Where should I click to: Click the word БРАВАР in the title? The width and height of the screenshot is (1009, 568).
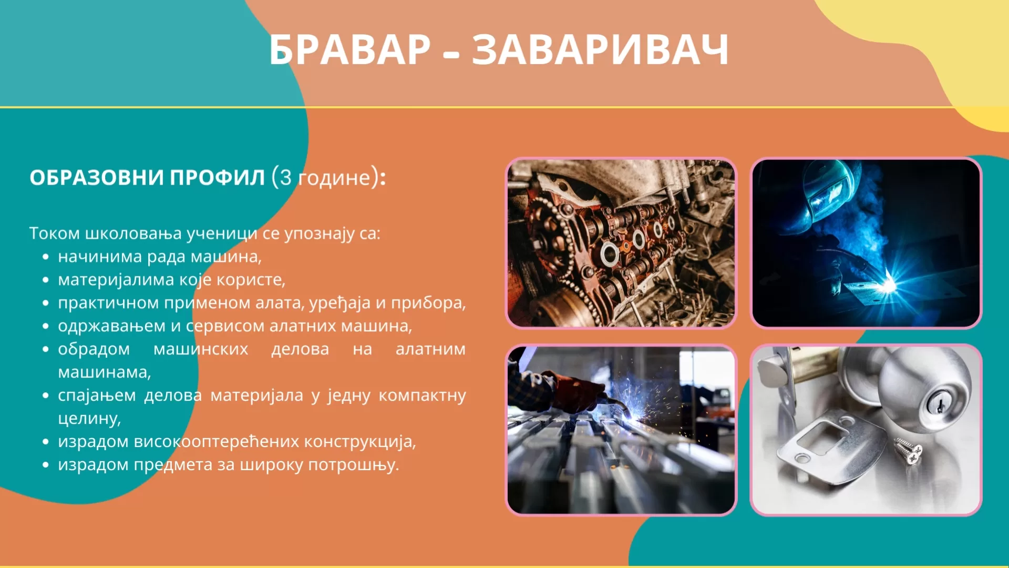pos(350,50)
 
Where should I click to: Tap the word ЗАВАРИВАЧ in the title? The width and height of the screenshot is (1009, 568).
pos(600,50)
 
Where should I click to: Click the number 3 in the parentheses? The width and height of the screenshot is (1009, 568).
pos(285,178)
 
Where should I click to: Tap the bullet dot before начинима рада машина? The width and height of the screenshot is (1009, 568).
pos(46,257)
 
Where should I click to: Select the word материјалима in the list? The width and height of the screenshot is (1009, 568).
pos(116,280)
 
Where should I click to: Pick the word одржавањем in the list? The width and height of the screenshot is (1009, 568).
pos(111,326)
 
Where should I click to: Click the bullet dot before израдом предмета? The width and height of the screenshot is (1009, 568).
pos(46,465)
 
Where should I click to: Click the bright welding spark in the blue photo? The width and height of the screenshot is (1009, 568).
pos(887,284)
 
